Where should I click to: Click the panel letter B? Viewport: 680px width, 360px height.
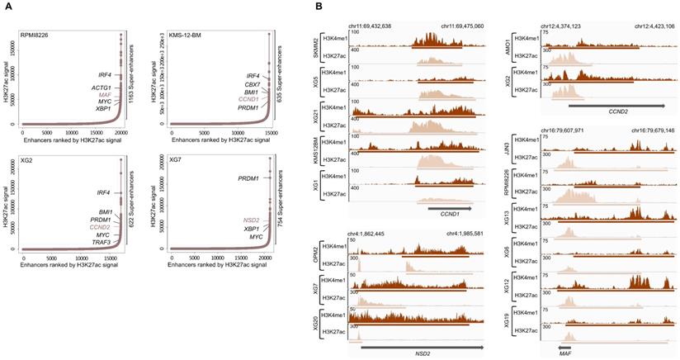tap(319, 7)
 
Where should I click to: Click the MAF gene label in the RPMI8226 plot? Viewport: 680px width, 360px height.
tap(104, 95)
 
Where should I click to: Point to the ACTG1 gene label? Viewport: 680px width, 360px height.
tap(102, 88)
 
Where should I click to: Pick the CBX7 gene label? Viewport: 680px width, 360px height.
tap(253, 84)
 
